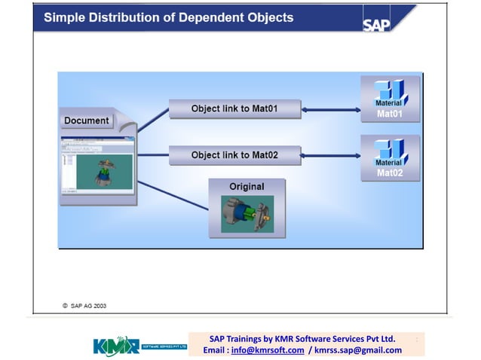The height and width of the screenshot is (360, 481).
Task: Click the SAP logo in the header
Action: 377,24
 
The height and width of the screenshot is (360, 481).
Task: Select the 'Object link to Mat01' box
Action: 234,108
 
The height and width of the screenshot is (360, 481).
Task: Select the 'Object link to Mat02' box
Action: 234,155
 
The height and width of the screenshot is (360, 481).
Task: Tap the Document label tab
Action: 87,121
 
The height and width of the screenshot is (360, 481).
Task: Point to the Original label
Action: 247,187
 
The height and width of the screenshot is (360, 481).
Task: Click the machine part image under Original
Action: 247,213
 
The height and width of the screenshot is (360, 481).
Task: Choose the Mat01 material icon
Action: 390,97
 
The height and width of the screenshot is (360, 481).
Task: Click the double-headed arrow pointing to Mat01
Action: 332,110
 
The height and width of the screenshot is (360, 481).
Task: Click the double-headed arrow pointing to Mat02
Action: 332,157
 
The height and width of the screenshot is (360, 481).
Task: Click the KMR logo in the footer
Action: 116,346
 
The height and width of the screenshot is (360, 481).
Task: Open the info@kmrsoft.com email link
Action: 268,350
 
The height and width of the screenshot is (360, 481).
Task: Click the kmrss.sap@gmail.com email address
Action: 358,350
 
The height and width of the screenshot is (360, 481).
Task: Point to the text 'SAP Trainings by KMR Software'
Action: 279,338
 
